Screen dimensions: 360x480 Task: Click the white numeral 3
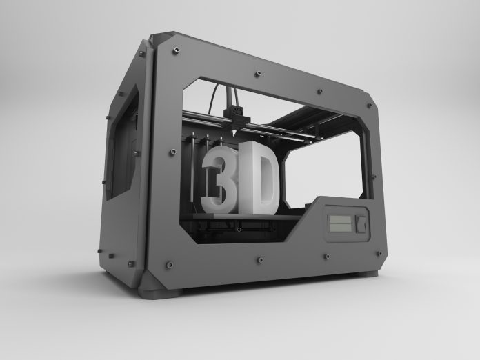pos(221,179)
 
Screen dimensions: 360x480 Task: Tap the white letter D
pos(260,178)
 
